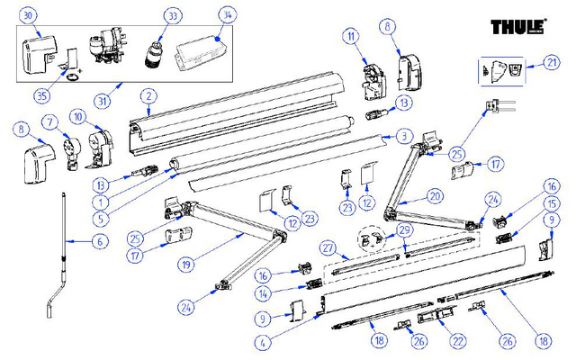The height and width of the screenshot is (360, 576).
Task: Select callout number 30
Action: click(28, 16)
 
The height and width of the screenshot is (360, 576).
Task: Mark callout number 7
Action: click(50, 121)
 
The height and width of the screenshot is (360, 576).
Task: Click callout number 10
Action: click(77, 118)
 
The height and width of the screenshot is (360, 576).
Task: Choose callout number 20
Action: click(435, 195)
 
